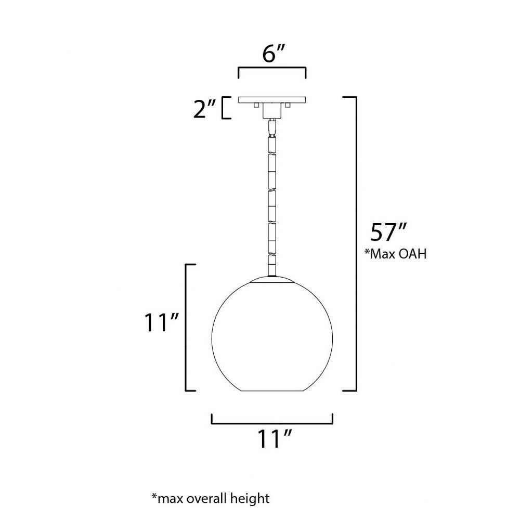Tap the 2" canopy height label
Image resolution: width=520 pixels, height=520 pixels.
(x=204, y=108)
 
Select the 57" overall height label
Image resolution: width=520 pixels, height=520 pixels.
(x=388, y=232)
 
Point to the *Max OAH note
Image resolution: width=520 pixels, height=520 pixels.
(x=395, y=254)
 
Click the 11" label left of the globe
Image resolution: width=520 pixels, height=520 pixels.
(x=161, y=322)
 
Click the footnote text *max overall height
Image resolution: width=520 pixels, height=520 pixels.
(x=211, y=498)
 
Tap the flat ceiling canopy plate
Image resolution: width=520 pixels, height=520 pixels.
(x=272, y=99)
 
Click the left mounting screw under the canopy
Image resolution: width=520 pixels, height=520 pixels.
(x=256, y=105)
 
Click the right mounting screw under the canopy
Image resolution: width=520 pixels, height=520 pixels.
(x=288, y=105)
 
